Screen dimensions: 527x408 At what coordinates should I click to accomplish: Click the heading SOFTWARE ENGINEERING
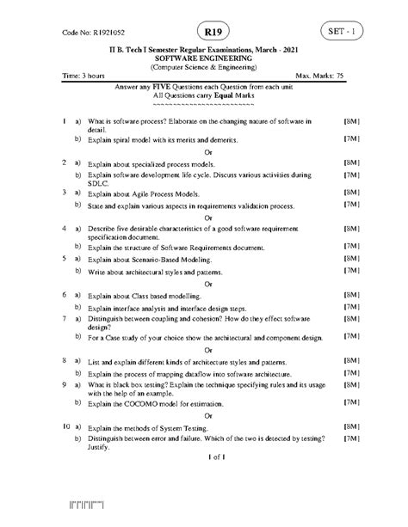pyautogui.click(x=203, y=57)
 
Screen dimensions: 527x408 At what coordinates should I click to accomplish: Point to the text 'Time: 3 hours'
pyautogui.click(x=85, y=77)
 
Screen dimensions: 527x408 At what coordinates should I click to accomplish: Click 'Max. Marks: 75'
pyautogui.click(x=319, y=77)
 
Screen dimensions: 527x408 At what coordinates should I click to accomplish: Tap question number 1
pyautogui.click(x=65, y=122)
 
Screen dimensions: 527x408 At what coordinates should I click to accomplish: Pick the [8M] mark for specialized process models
pyautogui.click(x=350, y=162)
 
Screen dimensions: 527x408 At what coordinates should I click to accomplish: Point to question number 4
pyautogui.click(x=65, y=230)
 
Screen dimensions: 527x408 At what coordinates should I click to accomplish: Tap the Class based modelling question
pyautogui.click(x=143, y=295)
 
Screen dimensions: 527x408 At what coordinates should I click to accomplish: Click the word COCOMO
pyautogui.click(x=140, y=402)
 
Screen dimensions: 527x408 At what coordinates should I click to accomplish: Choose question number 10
pyautogui.click(x=66, y=426)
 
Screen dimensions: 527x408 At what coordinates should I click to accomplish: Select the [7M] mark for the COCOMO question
pyautogui.click(x=350, y=402)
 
